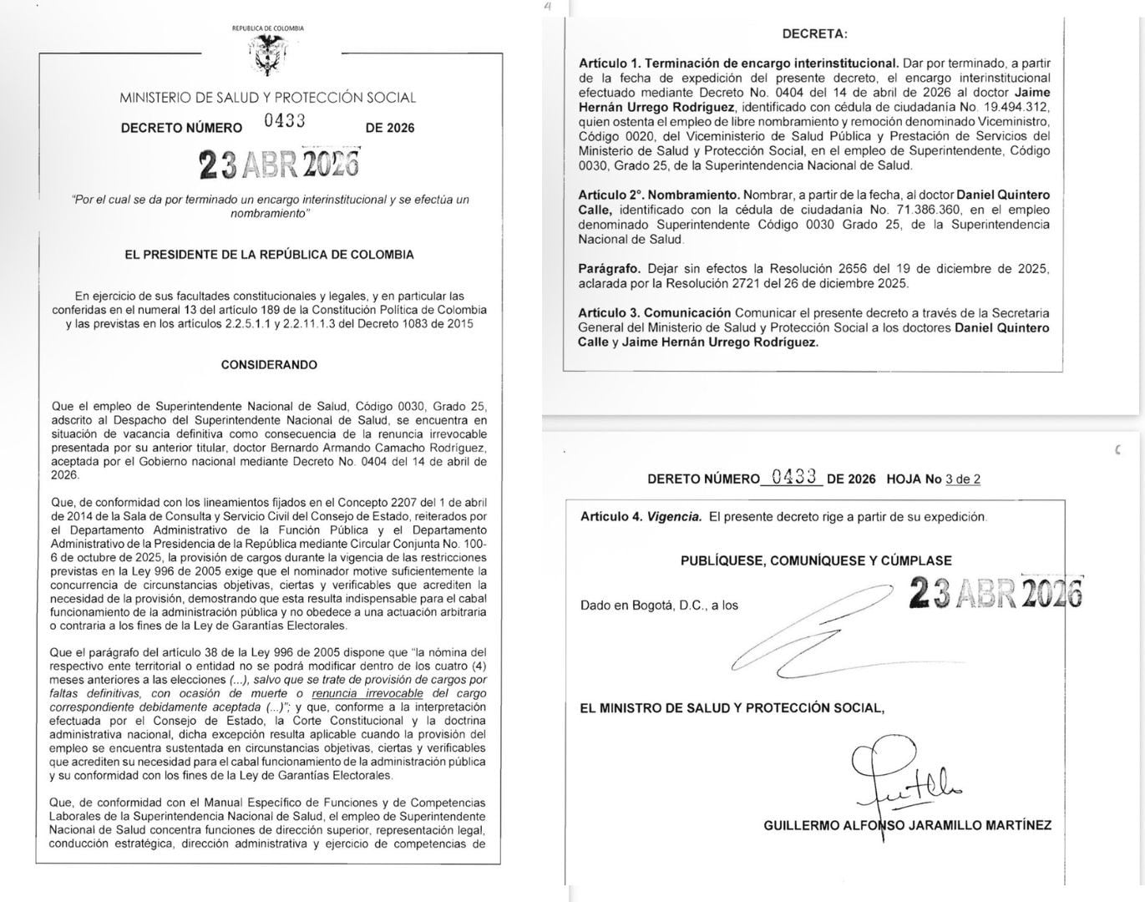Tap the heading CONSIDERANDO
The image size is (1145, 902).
coord(269,365)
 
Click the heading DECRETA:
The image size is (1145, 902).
coord(814,34)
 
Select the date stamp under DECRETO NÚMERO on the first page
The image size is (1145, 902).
coord(279,165)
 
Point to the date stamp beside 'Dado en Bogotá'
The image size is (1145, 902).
coord(995,593)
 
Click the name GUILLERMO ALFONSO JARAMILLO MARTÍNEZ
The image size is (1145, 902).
coord(907,825)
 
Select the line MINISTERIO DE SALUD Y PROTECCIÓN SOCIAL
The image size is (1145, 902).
coord(267,98)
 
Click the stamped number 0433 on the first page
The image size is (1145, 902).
coord(284,120)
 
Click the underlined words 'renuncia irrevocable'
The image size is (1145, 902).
coord(367,693)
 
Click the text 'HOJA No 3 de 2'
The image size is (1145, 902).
coord(933,479)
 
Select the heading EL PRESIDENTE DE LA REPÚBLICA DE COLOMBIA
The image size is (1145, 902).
coord(269,255)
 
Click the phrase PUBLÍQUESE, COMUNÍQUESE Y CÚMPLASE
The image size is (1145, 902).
coord(816,560)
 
